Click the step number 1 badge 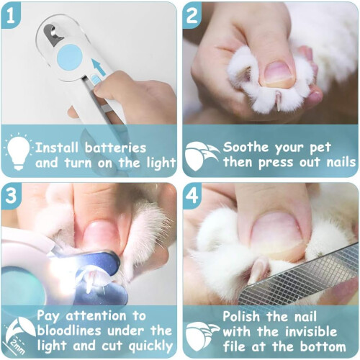click(11, 16)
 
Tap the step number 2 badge click(192, 16)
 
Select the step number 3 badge click(11, 196)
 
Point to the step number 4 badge click(192, 196)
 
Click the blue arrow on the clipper click(99, 68)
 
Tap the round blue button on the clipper click(70, 57)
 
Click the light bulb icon click(18, 151)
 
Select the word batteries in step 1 click(116, 148)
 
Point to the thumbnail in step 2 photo click(279, 72)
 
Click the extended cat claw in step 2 click(279, 102)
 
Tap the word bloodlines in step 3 click(69, 330)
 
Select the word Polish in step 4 click(241, 316)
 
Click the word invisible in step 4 click(310, 331)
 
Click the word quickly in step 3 click(150, 346)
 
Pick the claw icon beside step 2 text click(202, 155)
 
